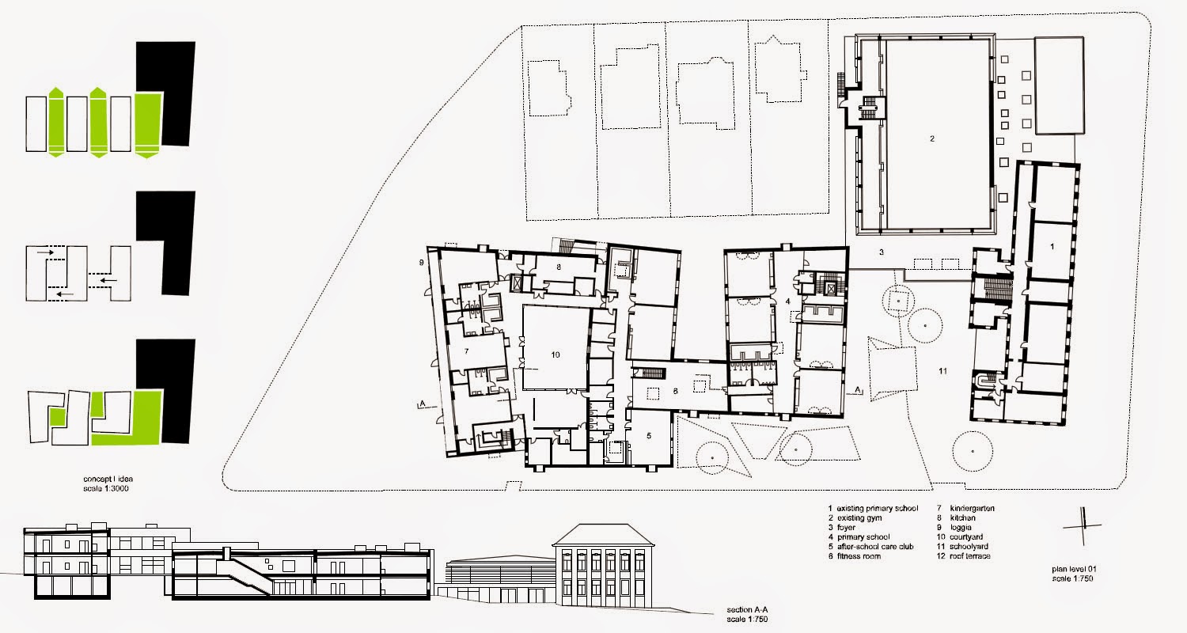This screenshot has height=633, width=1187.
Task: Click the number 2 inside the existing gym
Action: pos(932,138)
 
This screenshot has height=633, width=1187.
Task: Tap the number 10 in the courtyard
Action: pos(556,355)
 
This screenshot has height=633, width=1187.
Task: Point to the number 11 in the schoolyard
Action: pos(942,371)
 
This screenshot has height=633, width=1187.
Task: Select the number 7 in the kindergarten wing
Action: pos(466,351)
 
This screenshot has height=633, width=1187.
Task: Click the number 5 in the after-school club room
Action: pos(649,436)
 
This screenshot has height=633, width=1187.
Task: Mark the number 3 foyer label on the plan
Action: pos(882,252)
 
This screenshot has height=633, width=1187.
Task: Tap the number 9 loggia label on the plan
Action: pos(422,262)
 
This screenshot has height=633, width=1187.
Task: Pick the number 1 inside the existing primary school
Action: pos(1052,246)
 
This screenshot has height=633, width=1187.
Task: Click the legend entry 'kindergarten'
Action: pos(972,508)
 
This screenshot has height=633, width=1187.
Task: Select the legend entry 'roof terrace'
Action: pos(969,555)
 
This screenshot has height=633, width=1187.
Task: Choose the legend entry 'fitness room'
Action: pos(859,555)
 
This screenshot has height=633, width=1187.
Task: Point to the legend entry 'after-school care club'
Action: pos(875,546)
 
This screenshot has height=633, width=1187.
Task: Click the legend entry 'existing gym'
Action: pos(859,517)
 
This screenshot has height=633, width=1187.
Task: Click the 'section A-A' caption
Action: pos(747,610)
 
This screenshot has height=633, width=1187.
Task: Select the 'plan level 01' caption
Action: pos(1074,569)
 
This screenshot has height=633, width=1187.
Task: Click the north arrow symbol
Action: pos(1083,526)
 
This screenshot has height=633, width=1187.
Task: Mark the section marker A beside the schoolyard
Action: pos(857,390)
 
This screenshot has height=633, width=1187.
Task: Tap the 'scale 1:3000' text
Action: pos(105,488)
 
